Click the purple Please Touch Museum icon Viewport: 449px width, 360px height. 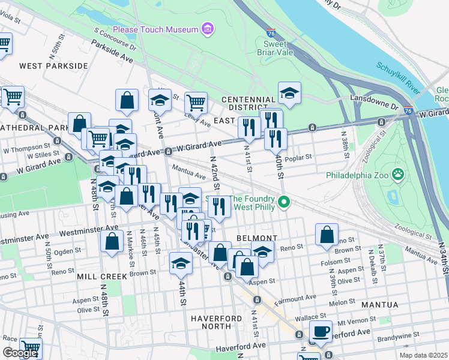[x=208, y=29]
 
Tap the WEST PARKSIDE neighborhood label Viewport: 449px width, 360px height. [x=53, y=65]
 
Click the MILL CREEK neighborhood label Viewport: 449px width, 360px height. [x=102, y=277]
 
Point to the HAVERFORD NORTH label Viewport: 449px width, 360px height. [x=217, y=322]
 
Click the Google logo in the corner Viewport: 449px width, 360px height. [x=20, y=353]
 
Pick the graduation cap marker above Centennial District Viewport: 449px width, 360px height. [x=289, y=93]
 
